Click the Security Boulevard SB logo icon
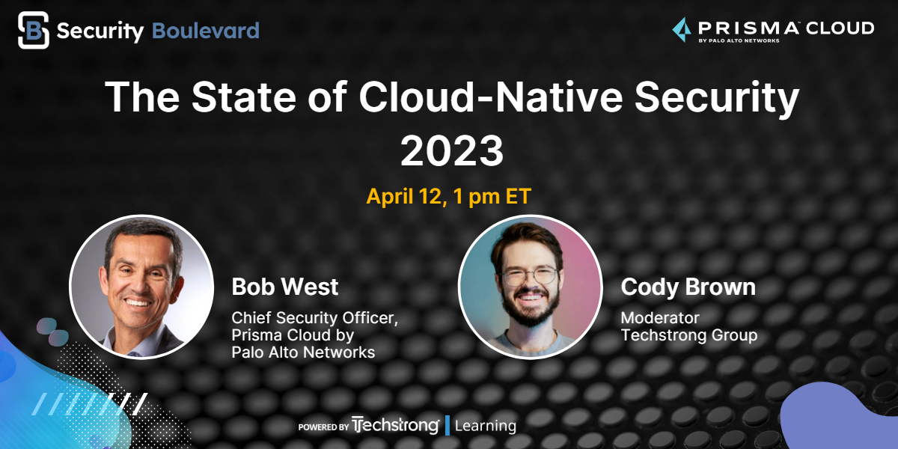pos(34,30)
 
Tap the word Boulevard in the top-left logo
pos(206,31)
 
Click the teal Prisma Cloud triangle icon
pos(682,30)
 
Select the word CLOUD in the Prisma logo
pos(840,28)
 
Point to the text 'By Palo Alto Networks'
pos(739,40)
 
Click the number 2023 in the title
pos(452,150)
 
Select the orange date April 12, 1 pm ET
pos(448,196)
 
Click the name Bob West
pos(284,287)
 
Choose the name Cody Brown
pos(688,287)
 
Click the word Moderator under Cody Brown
pos(660,318)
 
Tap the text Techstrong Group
pos(689,335)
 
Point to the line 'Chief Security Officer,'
pos(315,318)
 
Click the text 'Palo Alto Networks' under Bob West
pos(303,352)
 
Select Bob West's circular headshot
pos(141,287)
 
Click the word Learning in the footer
pos(486,426)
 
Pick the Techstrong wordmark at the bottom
pos(395,425)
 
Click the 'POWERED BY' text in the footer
pos(323,427)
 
